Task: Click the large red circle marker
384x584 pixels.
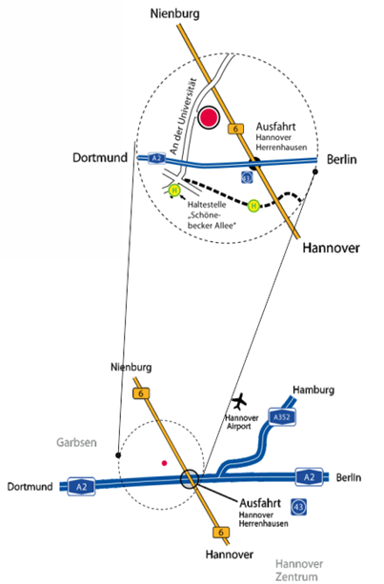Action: click(209, 117)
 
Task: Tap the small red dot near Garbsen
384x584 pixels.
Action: click(164, 463)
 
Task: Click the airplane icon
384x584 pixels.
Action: click(239, 401)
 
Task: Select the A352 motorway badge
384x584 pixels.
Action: click(282, 416)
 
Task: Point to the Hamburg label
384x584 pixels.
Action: click(313, 390)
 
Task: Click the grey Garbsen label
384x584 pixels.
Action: click(76, 442)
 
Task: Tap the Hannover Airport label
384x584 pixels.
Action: click(241, 422)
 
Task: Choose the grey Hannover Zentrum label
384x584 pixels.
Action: click(298, 570)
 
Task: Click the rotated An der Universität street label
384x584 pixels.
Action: click(183, 116)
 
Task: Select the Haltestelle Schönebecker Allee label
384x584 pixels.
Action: click(212, 215)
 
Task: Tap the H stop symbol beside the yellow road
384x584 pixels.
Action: click(253, 206)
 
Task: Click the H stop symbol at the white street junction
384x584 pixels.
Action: click(174, 191)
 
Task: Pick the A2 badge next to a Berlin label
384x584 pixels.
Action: click(309, 477)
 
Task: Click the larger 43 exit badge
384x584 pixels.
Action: click(298, 507)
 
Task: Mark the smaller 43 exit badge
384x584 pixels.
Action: click(247, 177)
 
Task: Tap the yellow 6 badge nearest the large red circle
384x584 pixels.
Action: click(235, 129)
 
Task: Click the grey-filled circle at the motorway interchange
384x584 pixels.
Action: click(190, 478)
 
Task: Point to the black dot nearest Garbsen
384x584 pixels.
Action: click(118, 455)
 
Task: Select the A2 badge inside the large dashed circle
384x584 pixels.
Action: click(156, 158)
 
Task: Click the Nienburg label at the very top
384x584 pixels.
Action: click(174, 14)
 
